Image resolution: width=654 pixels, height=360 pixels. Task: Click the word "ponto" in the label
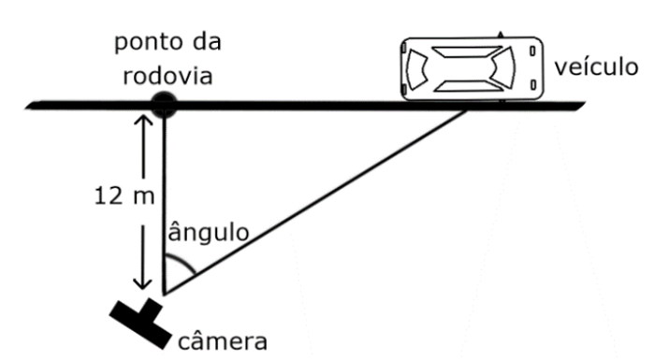[143, 43]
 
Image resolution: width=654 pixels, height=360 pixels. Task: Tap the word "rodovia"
[166, 74]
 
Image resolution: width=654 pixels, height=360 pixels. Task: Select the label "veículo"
[595, 68]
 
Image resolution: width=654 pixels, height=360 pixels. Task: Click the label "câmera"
[223, 338]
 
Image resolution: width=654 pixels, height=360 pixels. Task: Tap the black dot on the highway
[165, 105]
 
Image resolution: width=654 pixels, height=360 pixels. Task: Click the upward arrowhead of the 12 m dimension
[142, 120]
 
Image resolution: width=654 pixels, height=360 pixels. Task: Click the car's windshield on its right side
[503, 68]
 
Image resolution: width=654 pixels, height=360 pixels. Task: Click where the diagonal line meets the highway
[467, 111]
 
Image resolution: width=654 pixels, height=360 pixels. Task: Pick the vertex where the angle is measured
[166, 293]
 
